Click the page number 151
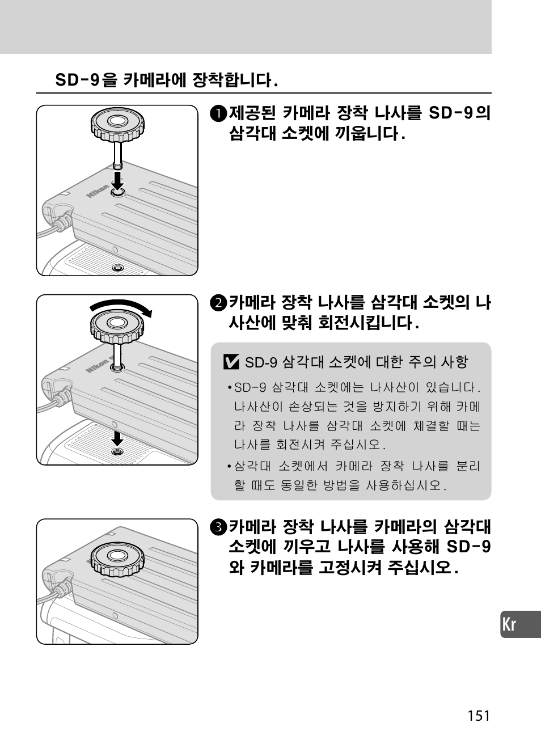click(479, 716)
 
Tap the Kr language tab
click(521, 624)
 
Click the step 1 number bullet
click(218, 113)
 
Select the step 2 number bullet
click(218, 303)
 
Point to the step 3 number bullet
click(218, 527)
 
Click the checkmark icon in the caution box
click(231, 362)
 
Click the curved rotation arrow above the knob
click(121, 305)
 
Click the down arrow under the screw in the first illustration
click(117, 181)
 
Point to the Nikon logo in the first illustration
click(98, 191)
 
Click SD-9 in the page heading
click(77, 80)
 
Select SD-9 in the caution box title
click(261, 362)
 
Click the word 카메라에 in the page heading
click(154, 80)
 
